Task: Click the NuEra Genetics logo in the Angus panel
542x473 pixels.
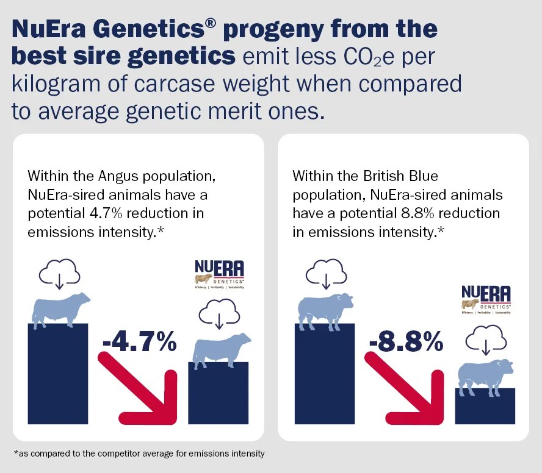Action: click(x=219, y=275)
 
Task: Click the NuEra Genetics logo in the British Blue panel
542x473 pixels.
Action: click(x=486, y=299)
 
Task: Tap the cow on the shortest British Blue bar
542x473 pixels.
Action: click(x=485, y=375)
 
